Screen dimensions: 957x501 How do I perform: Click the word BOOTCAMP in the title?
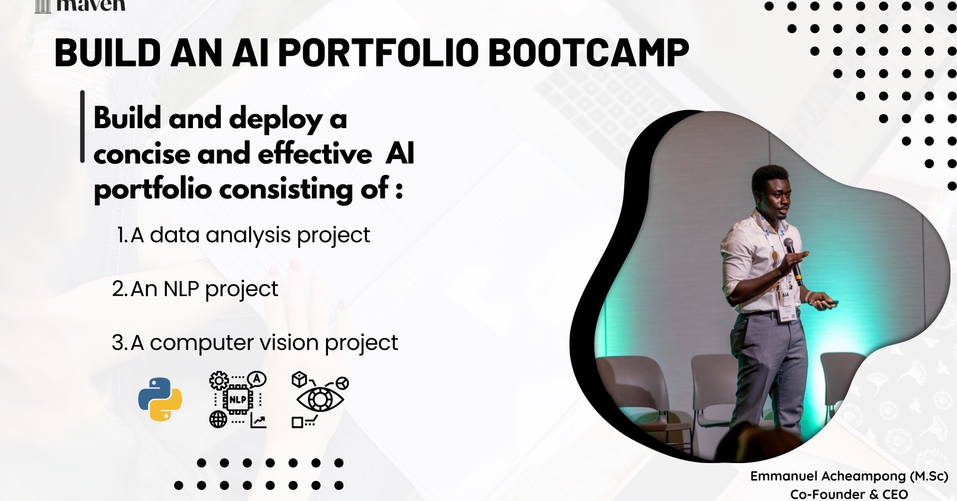[590, 52]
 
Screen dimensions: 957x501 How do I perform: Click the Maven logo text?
[91, 5]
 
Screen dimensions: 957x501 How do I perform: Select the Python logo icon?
[160, 399]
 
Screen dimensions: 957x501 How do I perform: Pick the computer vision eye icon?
[320, 399]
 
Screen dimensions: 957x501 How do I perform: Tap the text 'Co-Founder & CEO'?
[849, 494]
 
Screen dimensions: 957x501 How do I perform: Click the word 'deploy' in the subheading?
[276, 120]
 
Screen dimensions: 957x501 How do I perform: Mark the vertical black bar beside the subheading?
[82, 127]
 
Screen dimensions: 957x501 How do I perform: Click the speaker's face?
[774, 195]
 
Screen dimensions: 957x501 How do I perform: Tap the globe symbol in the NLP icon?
[218, 420]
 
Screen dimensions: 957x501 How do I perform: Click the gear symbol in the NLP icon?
[219, 380]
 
